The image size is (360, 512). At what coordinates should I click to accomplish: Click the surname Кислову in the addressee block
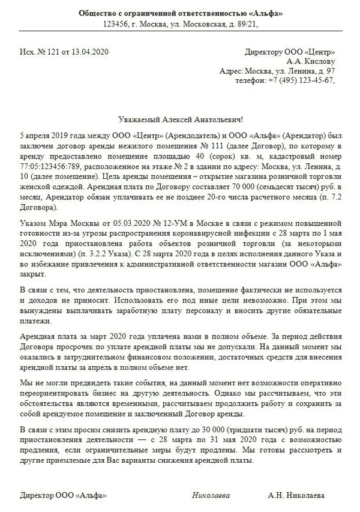318,61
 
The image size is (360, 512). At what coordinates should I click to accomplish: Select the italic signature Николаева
210,496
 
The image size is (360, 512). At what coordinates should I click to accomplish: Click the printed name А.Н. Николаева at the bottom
297,496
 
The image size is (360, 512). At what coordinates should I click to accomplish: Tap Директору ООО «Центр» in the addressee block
291,52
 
